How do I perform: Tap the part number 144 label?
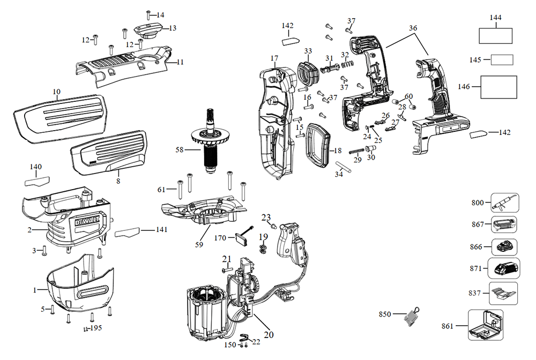click(495, 17)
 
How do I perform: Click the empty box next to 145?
click(502, 59)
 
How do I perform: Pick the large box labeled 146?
click(498, 87)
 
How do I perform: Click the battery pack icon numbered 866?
click(504, 247)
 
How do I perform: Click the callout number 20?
click(269, 335)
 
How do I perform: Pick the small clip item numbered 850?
click(411, 316)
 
